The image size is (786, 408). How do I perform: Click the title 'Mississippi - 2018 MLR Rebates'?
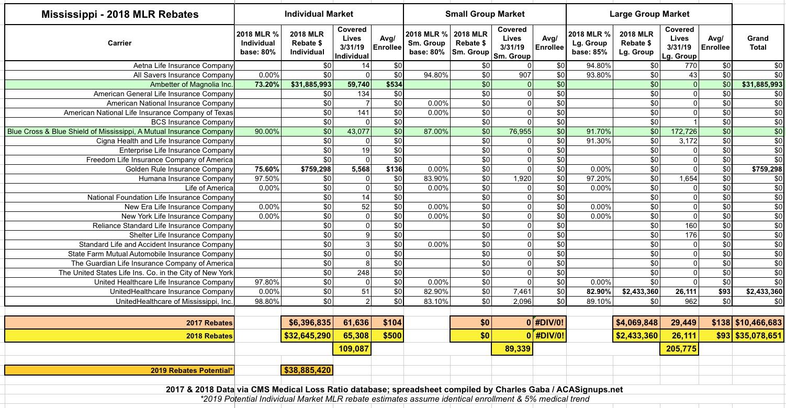[120, 14]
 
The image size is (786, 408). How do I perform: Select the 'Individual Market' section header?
[319, 14]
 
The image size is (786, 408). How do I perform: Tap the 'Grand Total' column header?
[758, 42]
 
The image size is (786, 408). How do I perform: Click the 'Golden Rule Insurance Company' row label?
[179, 169]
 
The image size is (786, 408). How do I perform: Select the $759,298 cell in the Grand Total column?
[765, 169]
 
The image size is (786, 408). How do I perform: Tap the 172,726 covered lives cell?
[680, 131]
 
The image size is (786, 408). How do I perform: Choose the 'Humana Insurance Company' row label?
[186, 178]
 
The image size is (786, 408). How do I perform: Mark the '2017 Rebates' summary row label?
[209, 323]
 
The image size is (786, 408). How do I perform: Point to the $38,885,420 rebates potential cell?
[307, 370]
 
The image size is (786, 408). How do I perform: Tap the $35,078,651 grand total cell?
[758, 336]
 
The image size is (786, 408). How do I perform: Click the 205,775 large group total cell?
[679, 348]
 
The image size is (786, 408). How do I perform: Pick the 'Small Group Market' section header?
[485, 14]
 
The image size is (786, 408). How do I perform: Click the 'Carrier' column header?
[120, 42]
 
